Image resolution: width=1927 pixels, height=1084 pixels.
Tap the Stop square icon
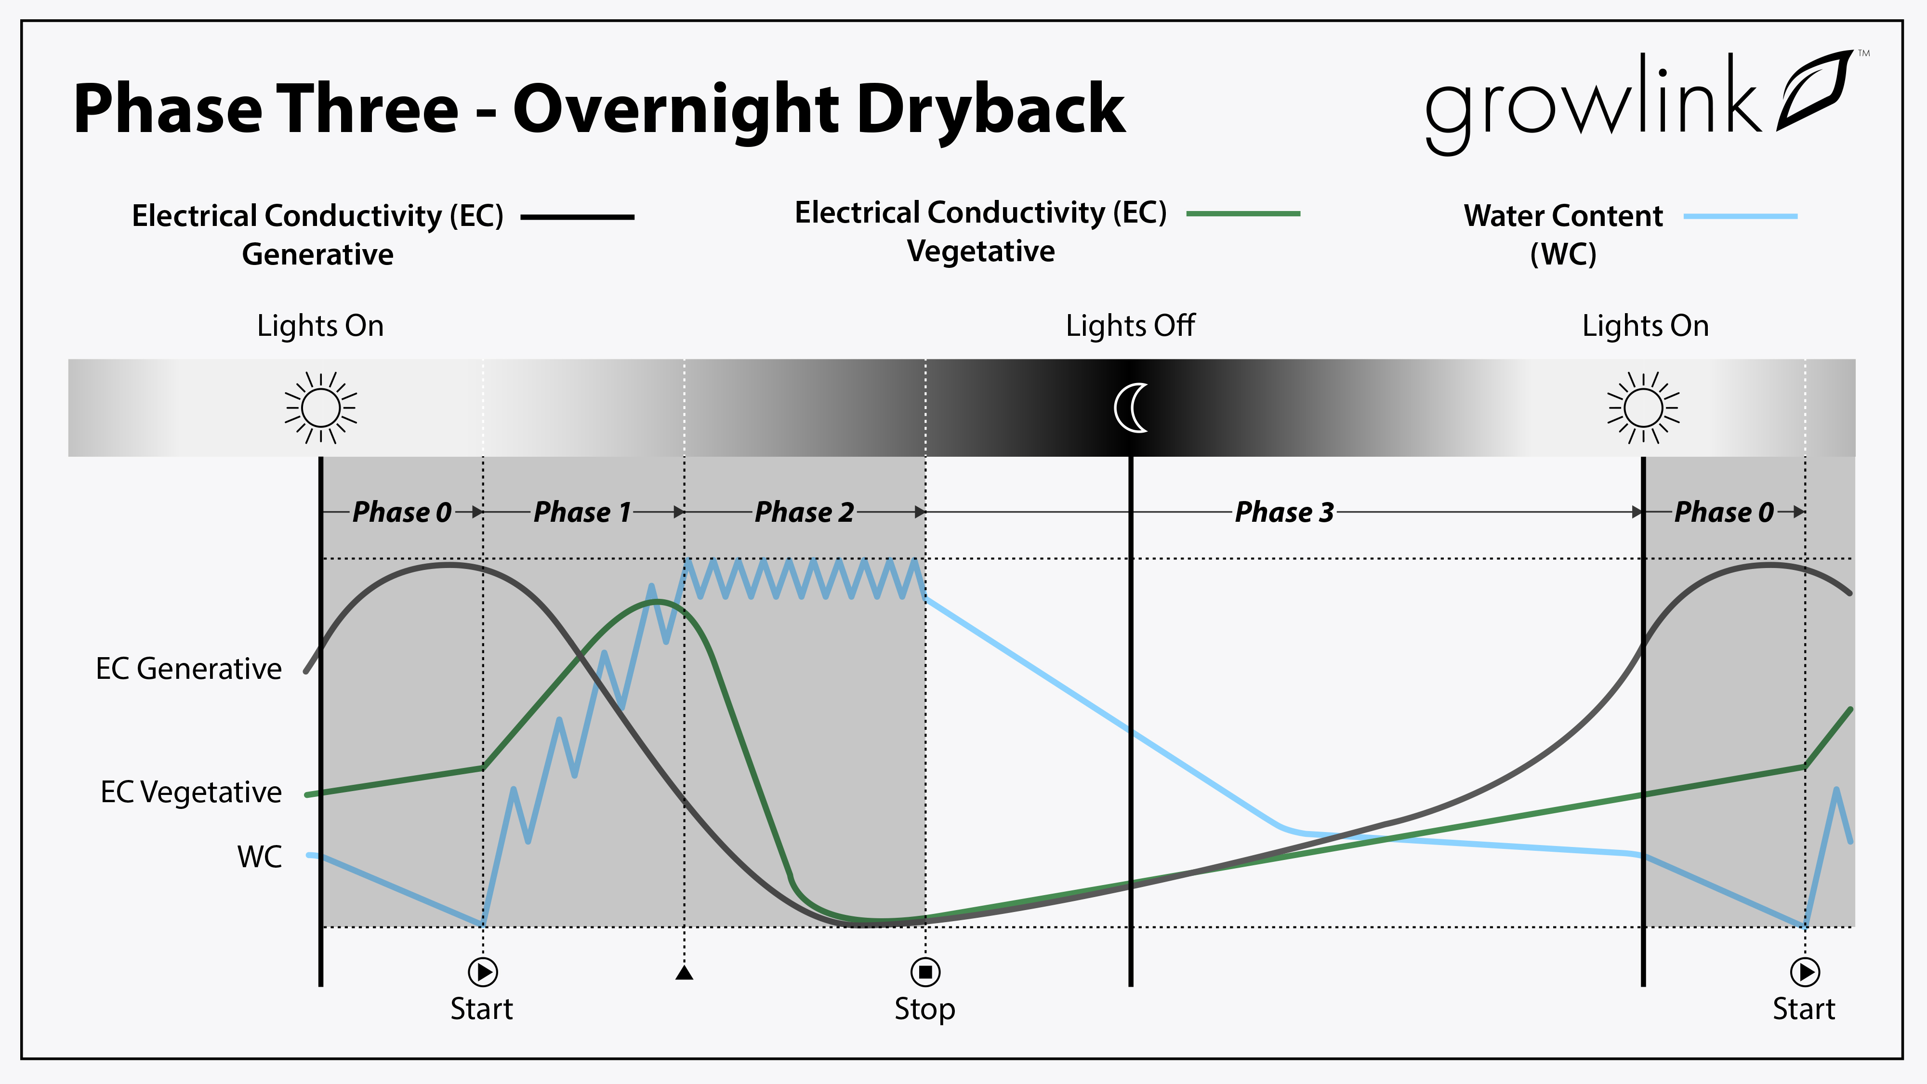pyautogui.click(x=925, y=972)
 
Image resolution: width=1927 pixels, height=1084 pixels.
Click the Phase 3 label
pyautogui.click(x=1284, y=513)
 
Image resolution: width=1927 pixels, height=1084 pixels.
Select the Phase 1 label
pyautogui.click(x=582, y=513)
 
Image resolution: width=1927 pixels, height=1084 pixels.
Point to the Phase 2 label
pyautogui.click(x=804, y=513)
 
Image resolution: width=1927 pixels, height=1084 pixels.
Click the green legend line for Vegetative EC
pyautogui.click(x=1243, y=214)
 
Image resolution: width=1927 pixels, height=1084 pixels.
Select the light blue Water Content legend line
pyautogui.click(x=1740, y=216)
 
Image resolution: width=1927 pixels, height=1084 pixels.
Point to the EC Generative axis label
pyautogui.click(x=188, y=669)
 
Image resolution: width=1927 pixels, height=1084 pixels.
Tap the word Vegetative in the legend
pyautogui.click(x=981, y=251)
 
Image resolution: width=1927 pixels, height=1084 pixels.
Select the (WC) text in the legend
pyautogui.click(x=1563, y=254)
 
